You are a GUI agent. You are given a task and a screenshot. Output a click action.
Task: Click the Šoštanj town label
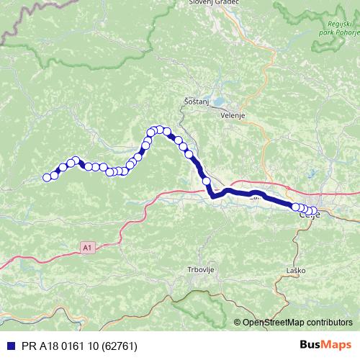pos(195,102)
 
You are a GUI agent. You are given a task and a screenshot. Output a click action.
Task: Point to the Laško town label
pos(296,270)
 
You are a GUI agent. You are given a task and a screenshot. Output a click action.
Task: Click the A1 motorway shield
pos(87,247)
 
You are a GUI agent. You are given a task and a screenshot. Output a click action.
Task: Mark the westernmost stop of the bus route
pos(48,178)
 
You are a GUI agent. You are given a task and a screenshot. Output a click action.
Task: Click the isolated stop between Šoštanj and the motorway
pos(206,180)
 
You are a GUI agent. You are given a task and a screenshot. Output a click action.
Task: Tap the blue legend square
pos(7,346)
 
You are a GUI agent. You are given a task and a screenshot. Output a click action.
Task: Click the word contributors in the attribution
pos(328,323)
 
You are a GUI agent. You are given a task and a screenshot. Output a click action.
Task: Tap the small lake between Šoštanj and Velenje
pos(213,101)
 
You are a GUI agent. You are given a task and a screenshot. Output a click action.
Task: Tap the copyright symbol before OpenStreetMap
pos(238,323)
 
